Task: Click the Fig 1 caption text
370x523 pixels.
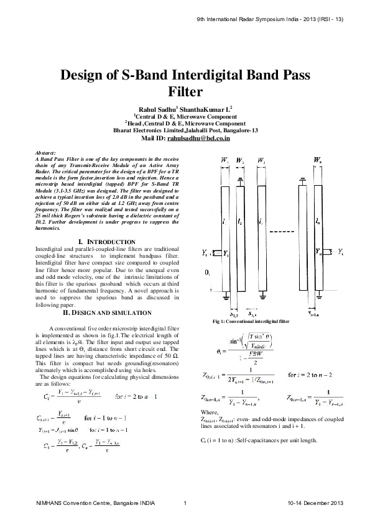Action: coord(251,322)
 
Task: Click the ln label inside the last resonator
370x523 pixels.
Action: coord(318,220)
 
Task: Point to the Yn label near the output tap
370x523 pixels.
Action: coord(320,253)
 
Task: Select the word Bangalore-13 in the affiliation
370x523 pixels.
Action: coord(241,130)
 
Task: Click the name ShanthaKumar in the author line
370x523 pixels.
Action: coord(210,109)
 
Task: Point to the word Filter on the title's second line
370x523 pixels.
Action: coord(185,93)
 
